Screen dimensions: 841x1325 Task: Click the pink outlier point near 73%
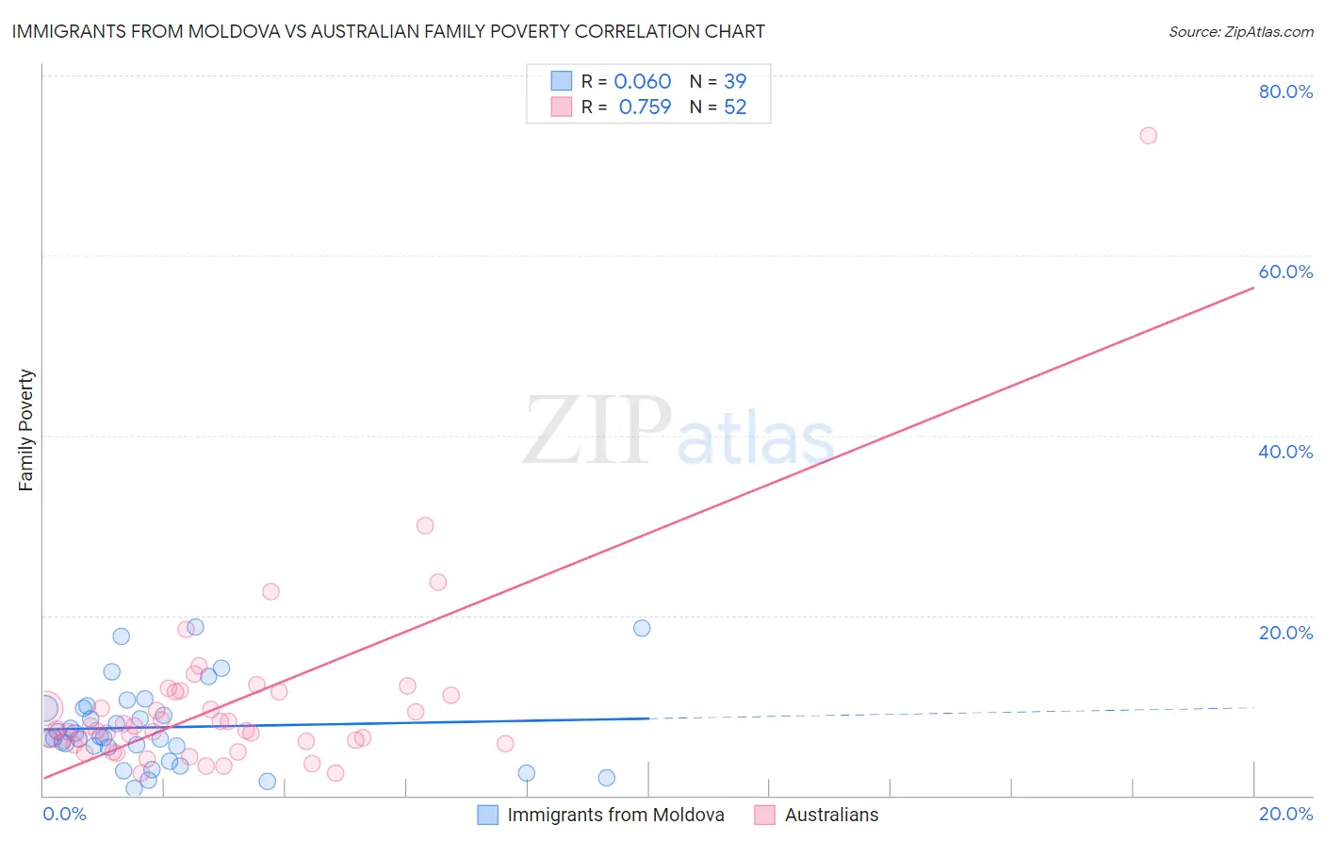(1148, 136)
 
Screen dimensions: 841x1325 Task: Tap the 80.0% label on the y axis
(1285, 91)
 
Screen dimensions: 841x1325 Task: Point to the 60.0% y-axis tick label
(1285, 272)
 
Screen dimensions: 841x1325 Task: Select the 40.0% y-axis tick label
(1285, 452)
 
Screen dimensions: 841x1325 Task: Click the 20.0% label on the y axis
(1285, 633)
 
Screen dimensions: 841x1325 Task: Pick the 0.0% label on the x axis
(64, 814)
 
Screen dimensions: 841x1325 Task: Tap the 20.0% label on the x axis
(1285, 814)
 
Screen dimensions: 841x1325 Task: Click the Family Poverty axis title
(26, 430)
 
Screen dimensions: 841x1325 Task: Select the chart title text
(388, 32)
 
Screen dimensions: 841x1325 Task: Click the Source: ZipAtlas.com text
(1240, 32)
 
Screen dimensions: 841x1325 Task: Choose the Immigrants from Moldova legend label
(615, 815)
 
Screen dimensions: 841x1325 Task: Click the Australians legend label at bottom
(831, 815)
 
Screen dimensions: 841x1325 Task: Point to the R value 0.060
(643, 82)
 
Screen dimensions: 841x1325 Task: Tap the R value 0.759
(645, 107)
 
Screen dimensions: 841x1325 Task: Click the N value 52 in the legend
(735, 107)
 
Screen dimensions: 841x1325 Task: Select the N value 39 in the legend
(735, 82)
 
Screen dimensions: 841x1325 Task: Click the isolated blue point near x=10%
(642, 628)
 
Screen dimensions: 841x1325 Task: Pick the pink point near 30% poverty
(425, 526)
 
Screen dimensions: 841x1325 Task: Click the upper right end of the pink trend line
(1252, 288)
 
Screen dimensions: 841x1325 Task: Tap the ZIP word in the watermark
(597, 431)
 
